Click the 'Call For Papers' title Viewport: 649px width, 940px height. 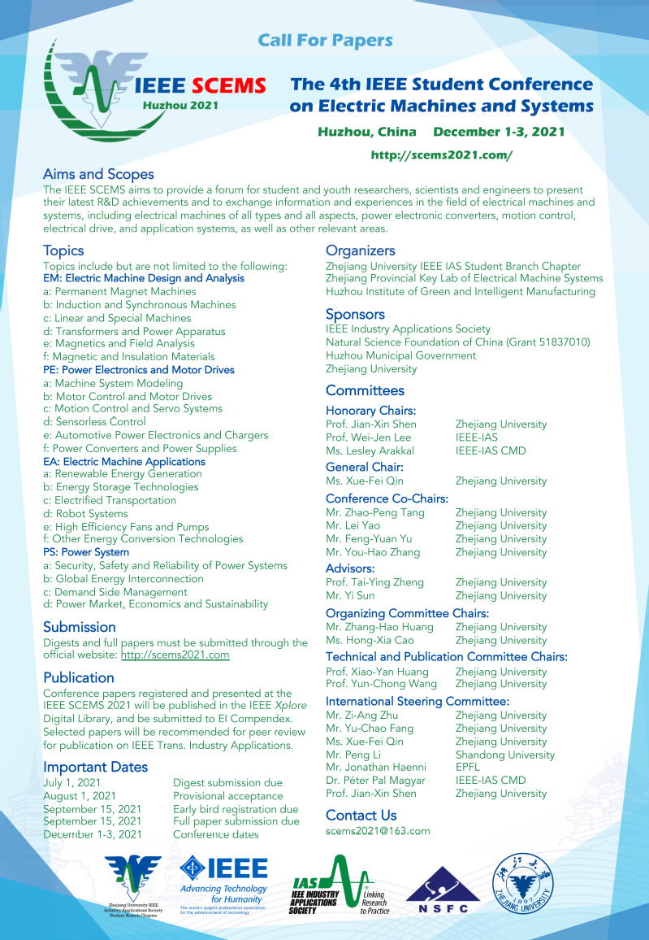[325, 41]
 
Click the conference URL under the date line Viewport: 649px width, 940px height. [441, 154]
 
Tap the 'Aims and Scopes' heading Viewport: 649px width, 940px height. [98, 174]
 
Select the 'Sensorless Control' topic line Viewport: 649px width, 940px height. [95, 422]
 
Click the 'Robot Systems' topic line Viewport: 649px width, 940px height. [85, 514]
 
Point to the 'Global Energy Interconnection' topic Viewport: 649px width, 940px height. [123, 579]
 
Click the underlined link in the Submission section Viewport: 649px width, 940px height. [175, 655]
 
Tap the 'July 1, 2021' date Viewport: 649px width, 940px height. [73, 783]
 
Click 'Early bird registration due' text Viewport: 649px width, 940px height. [236, 809]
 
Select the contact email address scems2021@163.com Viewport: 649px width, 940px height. [378, 831]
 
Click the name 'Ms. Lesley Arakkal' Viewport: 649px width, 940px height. [370, 450]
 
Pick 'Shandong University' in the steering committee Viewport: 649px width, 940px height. [505, 755]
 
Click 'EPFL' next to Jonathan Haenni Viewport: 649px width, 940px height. [469, 768]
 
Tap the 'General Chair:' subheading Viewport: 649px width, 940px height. [365, 467]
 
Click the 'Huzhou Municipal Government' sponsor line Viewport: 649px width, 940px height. [400, 355]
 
